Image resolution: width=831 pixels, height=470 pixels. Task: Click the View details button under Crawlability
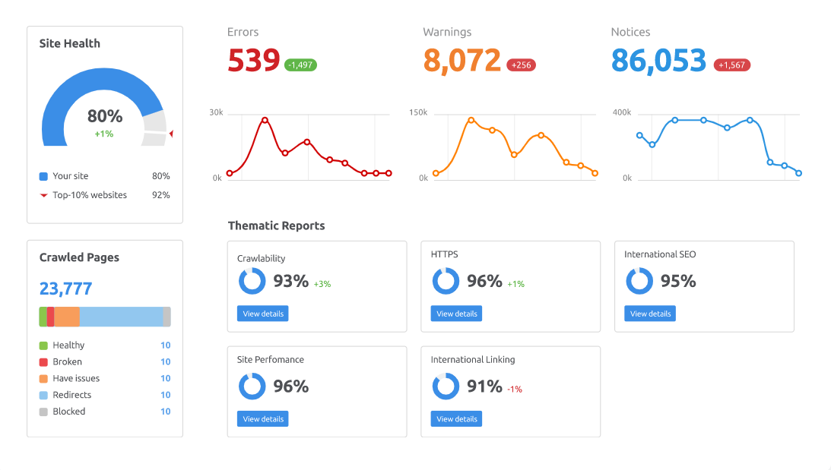pos(262,314)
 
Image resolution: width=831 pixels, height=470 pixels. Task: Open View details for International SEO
pos(650,314)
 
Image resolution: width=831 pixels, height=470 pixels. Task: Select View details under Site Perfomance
pos(262,418)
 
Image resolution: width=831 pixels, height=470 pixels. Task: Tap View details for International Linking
pos(456,418)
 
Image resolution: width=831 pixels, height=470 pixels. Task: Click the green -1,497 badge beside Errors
pos(300,65)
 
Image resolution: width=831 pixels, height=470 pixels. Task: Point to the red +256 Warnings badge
pos(521,65)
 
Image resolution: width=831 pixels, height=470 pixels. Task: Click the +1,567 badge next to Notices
pos(731,65)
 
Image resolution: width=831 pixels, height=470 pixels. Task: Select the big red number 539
pos(254,60)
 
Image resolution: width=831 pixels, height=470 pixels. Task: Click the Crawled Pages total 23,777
pos(65,289)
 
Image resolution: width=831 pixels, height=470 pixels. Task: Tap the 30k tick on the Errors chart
pos(216,112)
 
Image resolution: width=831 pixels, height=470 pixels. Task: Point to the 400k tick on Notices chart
pos(622,112)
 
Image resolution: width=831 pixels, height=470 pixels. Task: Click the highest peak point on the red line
pos(265,120)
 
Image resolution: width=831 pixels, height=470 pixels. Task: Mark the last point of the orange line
pos(595,173)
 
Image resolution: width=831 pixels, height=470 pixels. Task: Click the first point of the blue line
pos(639,135)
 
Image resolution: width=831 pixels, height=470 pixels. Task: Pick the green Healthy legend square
pos(43,345)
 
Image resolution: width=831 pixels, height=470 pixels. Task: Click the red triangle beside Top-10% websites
pos(43,195)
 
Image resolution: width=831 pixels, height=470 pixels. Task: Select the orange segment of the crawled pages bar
pos(67,317)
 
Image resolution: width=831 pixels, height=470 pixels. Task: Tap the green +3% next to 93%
pos(322,284)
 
